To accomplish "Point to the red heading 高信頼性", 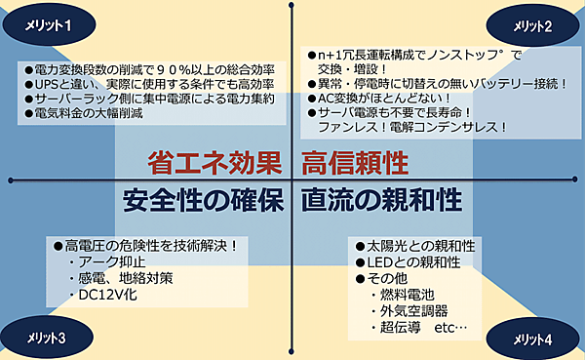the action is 354,159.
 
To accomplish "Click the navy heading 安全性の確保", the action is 203,201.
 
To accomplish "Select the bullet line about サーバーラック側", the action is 146,100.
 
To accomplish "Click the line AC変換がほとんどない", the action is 380,97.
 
